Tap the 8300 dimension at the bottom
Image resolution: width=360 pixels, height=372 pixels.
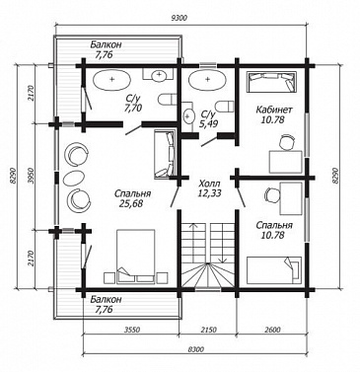coord(195,349)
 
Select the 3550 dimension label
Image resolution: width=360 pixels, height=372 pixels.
coord(132,330)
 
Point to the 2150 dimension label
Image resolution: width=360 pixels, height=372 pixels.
coord(208,330)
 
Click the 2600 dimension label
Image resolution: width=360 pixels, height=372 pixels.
coord(272,330)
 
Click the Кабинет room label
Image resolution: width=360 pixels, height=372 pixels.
coord(274,111)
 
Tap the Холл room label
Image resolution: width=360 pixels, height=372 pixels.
coord(209,184)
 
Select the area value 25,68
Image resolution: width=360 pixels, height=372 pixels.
coord(132,204)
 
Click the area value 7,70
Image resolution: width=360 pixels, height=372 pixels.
coord(133,108)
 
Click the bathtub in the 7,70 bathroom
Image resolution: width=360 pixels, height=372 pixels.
coord(112,79)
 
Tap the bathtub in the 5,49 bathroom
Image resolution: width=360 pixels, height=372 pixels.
coord(207,79)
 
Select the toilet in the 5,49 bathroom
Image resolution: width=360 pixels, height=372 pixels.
coord(225,106)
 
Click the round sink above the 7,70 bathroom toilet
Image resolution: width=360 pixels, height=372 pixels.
coord(159,75)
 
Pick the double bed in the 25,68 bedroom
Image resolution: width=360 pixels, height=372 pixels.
coord(135,257)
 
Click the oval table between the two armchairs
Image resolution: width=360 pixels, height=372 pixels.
coord(74,178)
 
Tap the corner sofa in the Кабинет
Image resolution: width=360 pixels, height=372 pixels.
coord(271,82)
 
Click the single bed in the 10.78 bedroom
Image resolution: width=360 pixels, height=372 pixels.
coord(274,269)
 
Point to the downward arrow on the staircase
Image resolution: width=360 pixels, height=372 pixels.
coord(223,242)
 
